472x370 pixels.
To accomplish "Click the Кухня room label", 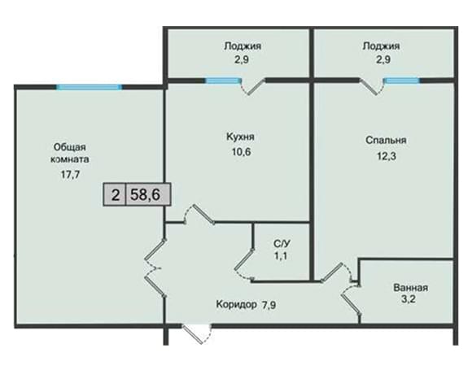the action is click(240, 137).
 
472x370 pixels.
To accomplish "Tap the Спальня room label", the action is click(386, 140).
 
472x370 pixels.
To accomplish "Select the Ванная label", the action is click(410, 288).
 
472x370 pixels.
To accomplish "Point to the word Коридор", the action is click(236, 304).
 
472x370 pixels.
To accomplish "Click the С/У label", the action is click(280, 243).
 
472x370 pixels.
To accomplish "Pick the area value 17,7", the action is click(71, 174).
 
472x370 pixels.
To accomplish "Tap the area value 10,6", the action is click(241, 152).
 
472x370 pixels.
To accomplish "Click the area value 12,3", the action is click(387, 156).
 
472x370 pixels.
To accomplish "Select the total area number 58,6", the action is click(146, 195).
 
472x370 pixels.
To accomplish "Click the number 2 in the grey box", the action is click(116, 195).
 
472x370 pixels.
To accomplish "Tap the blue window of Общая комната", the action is click(89, 87).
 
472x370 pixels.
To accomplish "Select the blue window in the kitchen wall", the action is click(223, 81).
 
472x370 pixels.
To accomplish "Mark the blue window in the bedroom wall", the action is click(402, 81).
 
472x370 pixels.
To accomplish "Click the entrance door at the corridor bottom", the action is click(197, 333).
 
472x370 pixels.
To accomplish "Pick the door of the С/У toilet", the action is click(244, 263).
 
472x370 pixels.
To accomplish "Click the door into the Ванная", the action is click(351, 299).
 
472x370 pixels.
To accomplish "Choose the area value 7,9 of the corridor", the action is click(269, 305).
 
